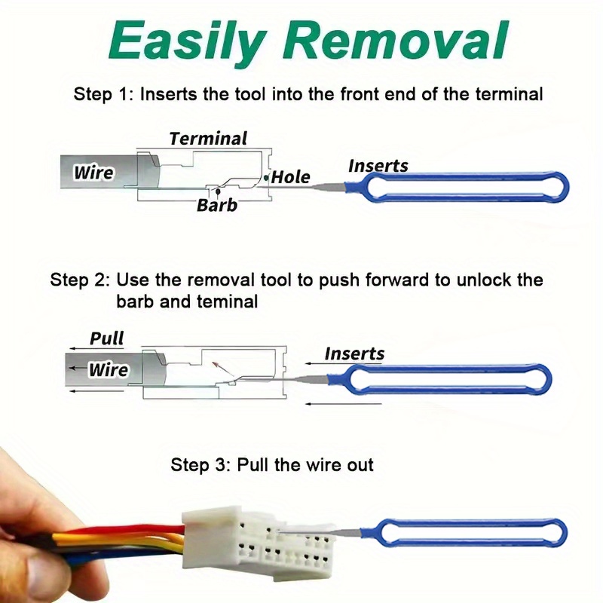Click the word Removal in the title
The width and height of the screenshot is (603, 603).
click(401, 41)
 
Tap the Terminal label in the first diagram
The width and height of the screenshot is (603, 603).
click(208, 139)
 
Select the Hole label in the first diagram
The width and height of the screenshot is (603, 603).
click(291, 177)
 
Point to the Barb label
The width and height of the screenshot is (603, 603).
click(217, 205)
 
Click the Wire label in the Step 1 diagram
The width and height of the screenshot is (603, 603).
click(93, 173)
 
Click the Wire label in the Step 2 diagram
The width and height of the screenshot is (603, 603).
click(108, 370)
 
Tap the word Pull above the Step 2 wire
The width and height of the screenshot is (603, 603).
click(107, 338)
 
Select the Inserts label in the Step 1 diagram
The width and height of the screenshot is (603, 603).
click(378, 166)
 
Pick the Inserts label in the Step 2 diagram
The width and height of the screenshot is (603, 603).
click(354, 354)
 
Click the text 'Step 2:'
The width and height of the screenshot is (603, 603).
click(80, 280)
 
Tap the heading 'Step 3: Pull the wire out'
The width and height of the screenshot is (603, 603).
click(272, 464)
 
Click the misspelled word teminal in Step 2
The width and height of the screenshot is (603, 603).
click(225, 301)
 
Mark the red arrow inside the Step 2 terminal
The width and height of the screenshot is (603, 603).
click(219, 368)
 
